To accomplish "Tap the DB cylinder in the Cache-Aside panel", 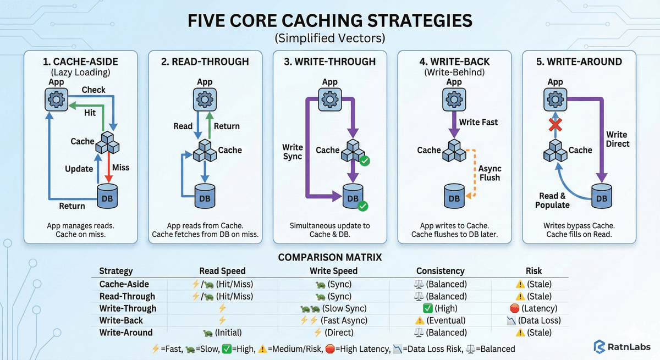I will tap(108, 195).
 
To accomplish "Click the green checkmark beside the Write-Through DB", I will tap(362, 206).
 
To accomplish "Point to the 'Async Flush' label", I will tap(490, 173).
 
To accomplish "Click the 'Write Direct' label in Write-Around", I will tap(617, 139).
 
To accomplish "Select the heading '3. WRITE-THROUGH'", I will tap(330, 62).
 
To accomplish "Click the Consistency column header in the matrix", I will tap(440, 270).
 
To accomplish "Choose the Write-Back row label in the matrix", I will tap(121, 320).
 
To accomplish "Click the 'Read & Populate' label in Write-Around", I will tap(552, 200).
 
